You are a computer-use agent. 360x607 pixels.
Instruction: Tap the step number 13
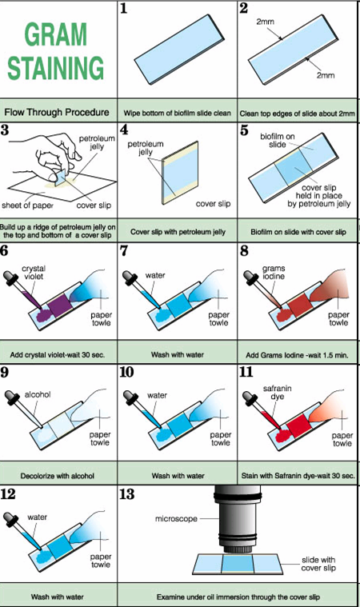coord(127,494)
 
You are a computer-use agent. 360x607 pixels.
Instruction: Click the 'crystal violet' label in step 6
coord(36,274)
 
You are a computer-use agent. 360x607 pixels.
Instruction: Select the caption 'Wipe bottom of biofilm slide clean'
coord(178,113)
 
